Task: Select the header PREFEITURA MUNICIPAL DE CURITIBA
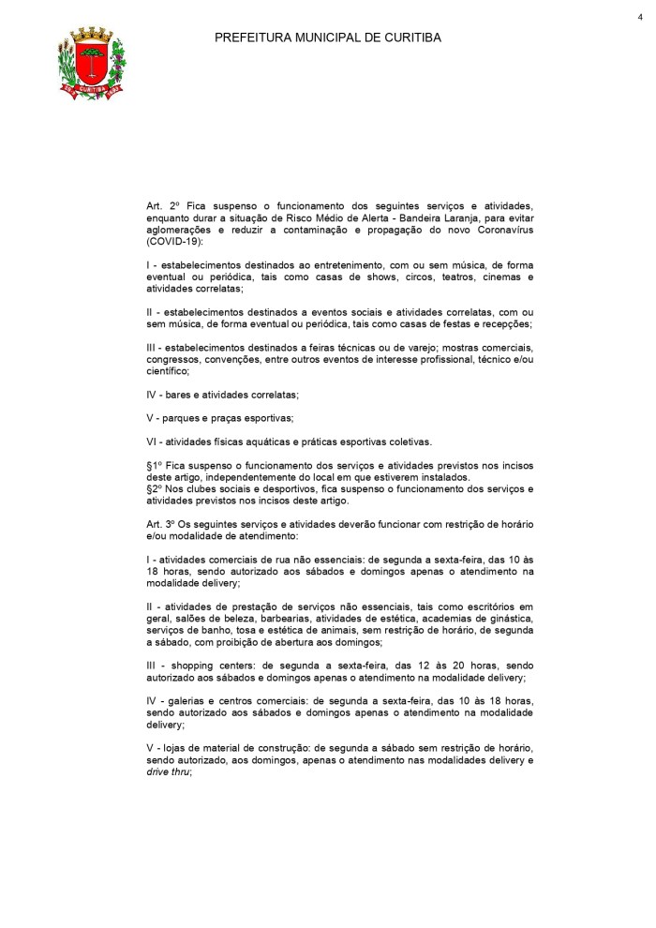[328, 38]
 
